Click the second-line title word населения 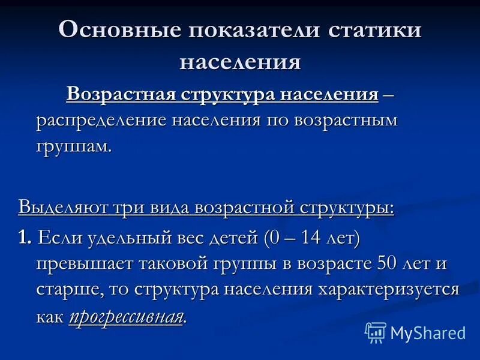[x=240, y=62]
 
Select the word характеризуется [x=388, y=291]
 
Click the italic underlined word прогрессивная [x=125, y=317]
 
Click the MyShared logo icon [x=376, y=332]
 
